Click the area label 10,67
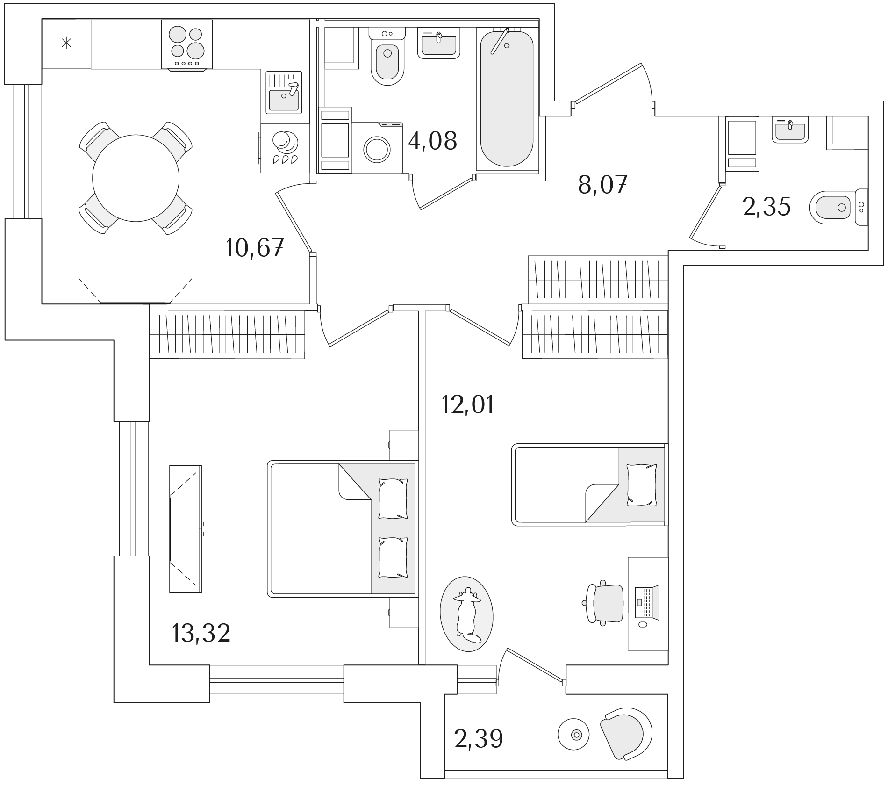tap(255, 247)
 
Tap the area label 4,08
tap(432, 140)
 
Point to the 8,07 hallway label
tap(602, 185)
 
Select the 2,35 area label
tap(766, 207)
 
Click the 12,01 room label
tap(468, 404)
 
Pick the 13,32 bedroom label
tap(201, 634)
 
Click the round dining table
tap(136, 178)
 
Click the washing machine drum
tap(377, 149)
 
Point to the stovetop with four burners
tap(187, 44)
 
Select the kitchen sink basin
tap(284, 100)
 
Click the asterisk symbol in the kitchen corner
tap(66, 43)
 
